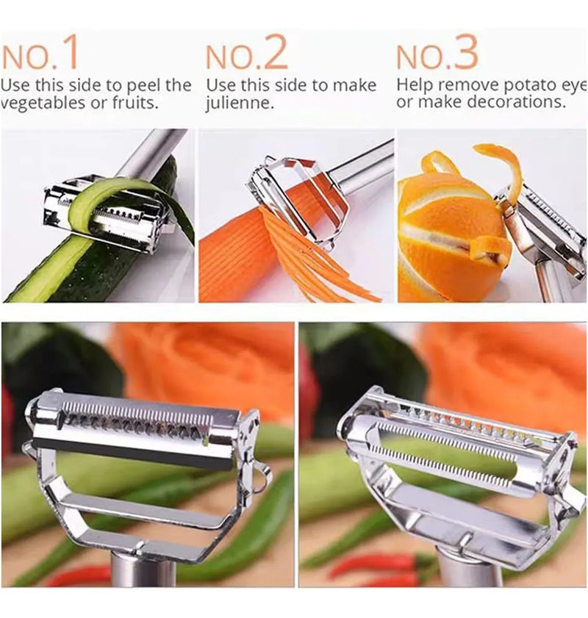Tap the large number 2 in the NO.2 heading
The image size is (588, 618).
tap(275, 52)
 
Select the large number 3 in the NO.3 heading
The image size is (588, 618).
tap(465, 51)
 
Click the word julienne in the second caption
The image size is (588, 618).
tap(239, 104)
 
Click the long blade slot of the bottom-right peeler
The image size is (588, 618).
tap(445, 448)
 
